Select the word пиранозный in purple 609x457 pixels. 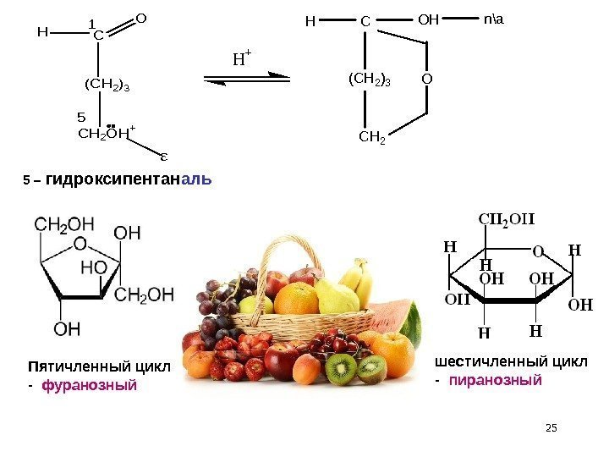[495, 380]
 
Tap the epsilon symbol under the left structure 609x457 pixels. [163, 156]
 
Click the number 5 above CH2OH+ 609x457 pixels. [81, 116]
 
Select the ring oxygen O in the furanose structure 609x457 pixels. [80, 244]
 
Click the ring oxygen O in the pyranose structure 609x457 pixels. [536, 251]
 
